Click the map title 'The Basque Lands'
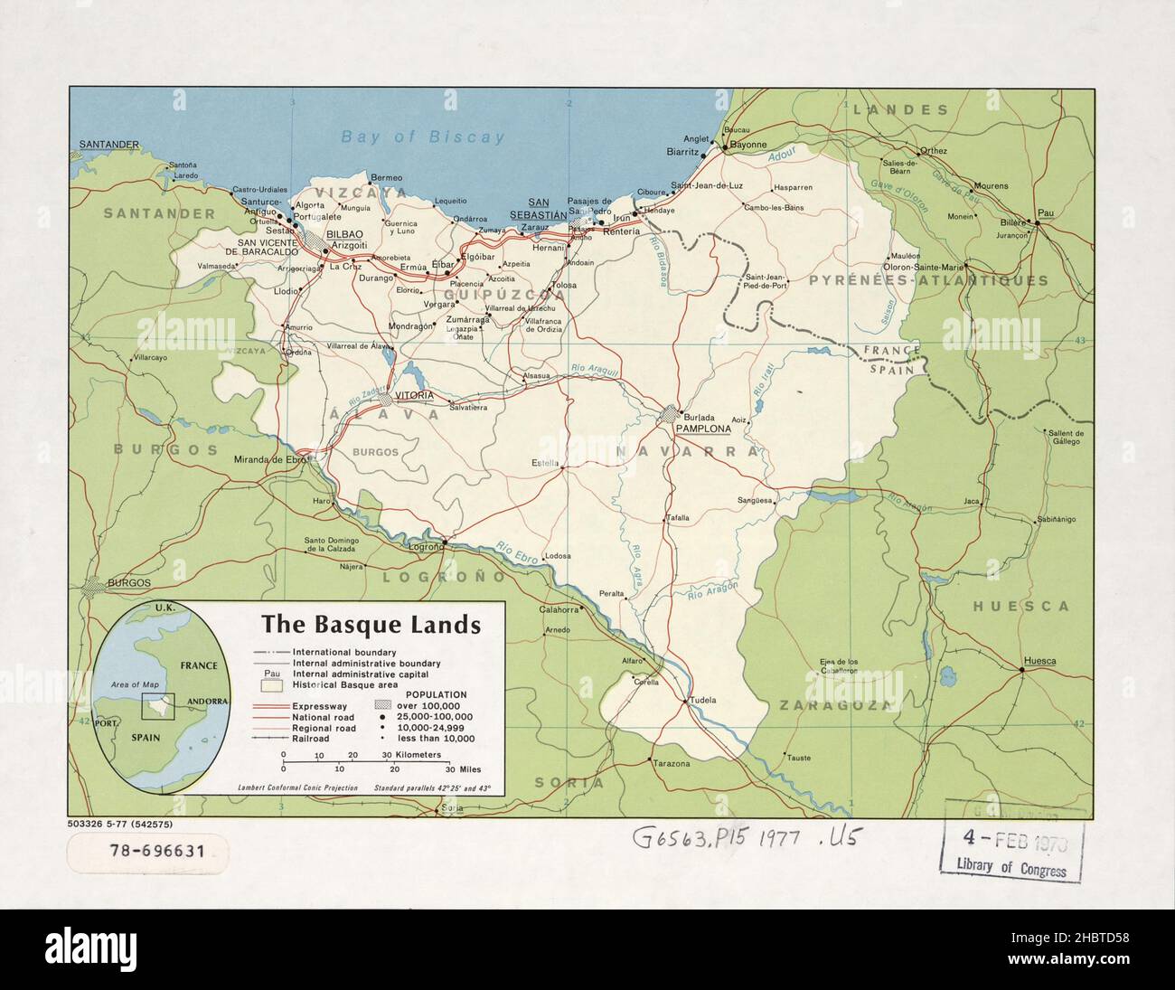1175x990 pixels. click(371, 625)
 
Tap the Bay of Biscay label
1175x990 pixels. click(422, 137)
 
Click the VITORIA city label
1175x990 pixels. click(409, 397)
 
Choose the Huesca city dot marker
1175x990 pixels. click(1021, 669)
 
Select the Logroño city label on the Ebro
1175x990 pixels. click(427, 547)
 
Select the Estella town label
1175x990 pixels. click(546, 465)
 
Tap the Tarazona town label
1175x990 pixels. click(671, 764)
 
